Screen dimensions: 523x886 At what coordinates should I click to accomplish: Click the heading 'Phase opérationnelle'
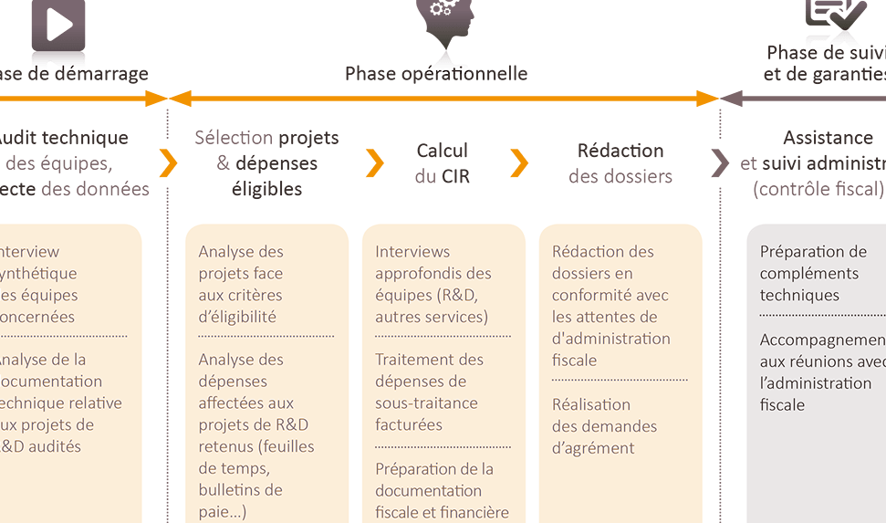coord(436,74)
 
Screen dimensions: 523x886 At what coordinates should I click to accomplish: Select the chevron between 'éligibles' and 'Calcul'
coord(374,163)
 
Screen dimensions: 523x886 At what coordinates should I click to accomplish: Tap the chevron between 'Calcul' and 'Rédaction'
coord(519,163)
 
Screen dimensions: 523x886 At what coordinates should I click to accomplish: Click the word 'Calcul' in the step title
coord(442,152)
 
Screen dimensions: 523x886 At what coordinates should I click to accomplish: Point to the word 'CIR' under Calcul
coord(455,176)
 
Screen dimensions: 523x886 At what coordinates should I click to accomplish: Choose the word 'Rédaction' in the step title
coord(620,152)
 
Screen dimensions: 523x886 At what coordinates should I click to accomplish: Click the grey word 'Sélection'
coord(234,138)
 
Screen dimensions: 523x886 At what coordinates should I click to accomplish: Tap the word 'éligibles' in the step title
coord(266,190)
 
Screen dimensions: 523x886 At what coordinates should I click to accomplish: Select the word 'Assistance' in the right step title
coord(828,138)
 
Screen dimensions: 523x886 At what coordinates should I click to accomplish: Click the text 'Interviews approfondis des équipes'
coord(433,284)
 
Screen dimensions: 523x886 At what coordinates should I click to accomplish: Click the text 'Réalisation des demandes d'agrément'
coord(604,425)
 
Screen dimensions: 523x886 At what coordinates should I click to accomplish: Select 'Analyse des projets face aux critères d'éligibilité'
coord(242,284)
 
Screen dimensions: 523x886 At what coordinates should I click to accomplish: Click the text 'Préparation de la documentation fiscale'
coord(441,490)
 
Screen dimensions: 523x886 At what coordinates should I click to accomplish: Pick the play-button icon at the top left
coord(59,25)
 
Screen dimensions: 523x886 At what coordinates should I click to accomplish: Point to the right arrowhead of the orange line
coord(710,99)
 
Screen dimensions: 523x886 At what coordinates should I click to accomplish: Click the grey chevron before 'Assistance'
coord(721,163)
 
